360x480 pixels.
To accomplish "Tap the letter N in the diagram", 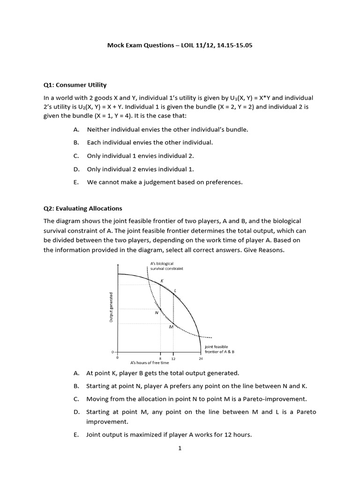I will coord(157,313).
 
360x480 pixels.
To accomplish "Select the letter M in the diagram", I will coord(171,327).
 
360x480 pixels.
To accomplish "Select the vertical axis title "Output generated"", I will coord(111,307).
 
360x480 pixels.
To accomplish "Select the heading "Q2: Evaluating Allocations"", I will coord(83,208).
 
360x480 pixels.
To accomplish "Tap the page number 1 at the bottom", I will coord(180,448).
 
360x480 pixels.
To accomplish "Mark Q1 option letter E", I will coord(76,182).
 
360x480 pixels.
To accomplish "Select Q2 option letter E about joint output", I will coord(76,435).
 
